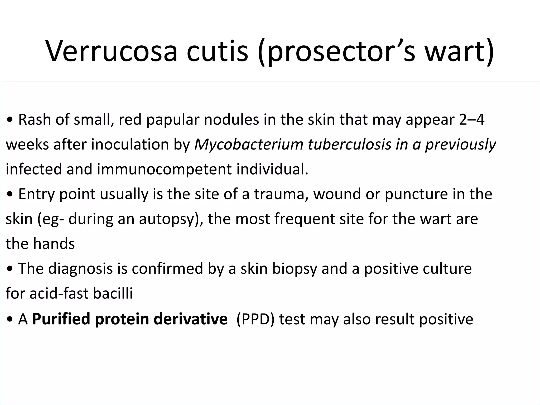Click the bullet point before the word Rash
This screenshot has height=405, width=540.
pyautogui.click(x=10, y=120)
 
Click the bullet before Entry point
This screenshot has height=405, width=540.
pyautogui.click(x=10, y=195)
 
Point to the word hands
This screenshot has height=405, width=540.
pyautogui.click(x=54, y=244)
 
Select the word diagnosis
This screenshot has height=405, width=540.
pyautogui.click(x=80, y=269)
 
